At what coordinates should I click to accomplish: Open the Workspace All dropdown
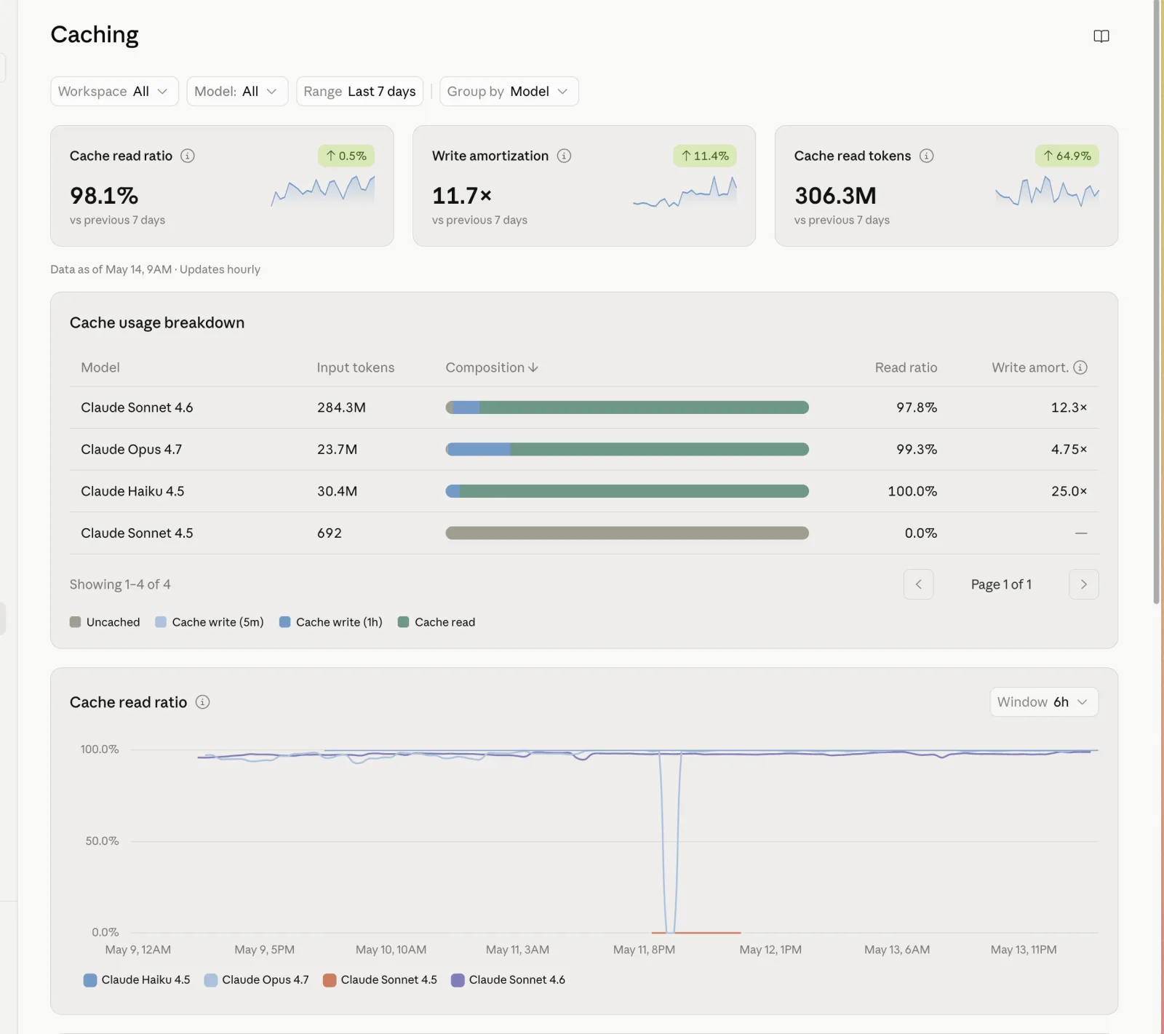pos(114,92)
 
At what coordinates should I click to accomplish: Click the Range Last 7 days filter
pos(359,92)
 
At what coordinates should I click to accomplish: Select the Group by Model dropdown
pos(509,92)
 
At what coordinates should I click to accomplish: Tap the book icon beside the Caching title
pos(1101,36)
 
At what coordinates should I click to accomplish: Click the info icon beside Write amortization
pos(564,156)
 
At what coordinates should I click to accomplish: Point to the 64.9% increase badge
pos(1067,156)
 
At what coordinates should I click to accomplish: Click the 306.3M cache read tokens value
pos(835,196)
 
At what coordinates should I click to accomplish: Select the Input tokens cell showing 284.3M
pos(341,407)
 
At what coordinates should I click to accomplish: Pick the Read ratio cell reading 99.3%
pos(917,450)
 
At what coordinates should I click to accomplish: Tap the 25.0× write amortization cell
pos(1069,491)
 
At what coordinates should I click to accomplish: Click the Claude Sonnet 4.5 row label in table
pos(137,533)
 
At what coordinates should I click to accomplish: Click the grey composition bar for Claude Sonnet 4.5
pos(627,533)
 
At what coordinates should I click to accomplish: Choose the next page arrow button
pos(1083,584)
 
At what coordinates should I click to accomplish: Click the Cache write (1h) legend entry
pos(331,622)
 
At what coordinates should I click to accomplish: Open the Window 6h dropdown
pos(1043,702)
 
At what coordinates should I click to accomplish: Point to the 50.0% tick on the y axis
pos(102,841)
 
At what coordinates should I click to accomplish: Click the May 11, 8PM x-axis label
pos(644,950)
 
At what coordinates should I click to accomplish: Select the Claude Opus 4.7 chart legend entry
pos(257,980)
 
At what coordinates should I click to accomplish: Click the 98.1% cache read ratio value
pos(104,196)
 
